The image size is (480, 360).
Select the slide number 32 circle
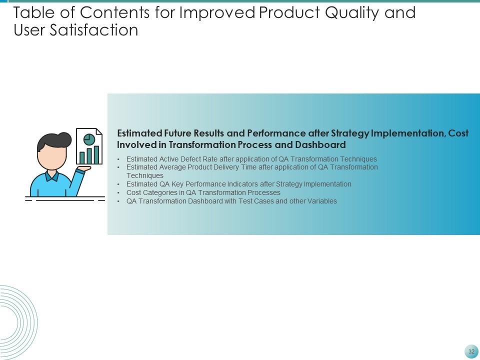[471, 351]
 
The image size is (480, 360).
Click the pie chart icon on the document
[89, 138]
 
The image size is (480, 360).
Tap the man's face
[52, 157]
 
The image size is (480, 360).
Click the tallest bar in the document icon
[96, 154]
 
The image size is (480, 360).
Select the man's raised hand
[83, 169]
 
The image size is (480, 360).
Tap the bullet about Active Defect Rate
[251, 159]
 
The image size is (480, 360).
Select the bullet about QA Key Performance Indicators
[238, 184]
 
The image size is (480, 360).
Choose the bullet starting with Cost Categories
[203, 192]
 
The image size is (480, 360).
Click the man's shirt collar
[52, 176]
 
